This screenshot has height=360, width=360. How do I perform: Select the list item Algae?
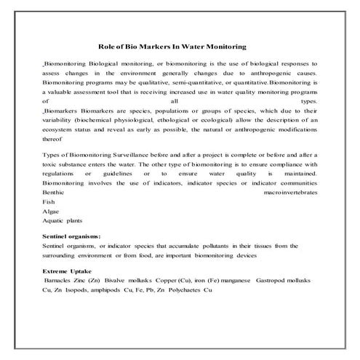(52, 212)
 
